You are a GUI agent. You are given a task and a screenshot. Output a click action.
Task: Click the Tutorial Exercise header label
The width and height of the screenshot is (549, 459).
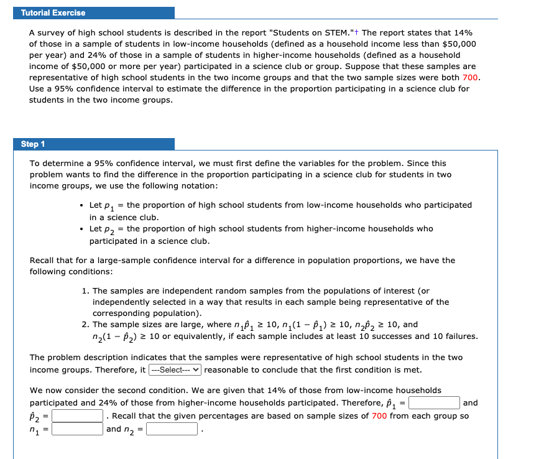(53, 12)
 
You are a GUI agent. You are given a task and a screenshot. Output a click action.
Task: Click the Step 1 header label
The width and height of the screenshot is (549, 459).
(33, 144)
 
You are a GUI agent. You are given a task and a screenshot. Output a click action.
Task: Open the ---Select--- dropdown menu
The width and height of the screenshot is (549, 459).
(175, 369)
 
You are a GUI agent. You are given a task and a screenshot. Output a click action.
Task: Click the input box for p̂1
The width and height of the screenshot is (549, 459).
(434, 403)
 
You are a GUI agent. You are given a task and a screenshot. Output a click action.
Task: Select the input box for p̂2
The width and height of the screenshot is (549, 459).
(78, 415)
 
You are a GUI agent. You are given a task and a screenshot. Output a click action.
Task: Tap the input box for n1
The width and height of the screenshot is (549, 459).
(78, 429)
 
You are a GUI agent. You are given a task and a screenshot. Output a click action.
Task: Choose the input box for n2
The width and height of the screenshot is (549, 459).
(172, 429)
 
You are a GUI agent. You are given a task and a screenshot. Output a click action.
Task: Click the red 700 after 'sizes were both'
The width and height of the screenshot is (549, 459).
(471, 77)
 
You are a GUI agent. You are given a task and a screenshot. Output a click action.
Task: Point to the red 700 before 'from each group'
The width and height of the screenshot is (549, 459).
(379, 415)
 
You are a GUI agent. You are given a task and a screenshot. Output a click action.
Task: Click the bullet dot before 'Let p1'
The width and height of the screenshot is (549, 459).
(82, 205)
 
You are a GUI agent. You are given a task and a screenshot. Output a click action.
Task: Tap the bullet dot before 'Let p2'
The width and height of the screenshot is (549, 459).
(82, 229)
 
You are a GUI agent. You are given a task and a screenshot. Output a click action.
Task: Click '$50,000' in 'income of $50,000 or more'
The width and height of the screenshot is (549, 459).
(80, 66)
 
